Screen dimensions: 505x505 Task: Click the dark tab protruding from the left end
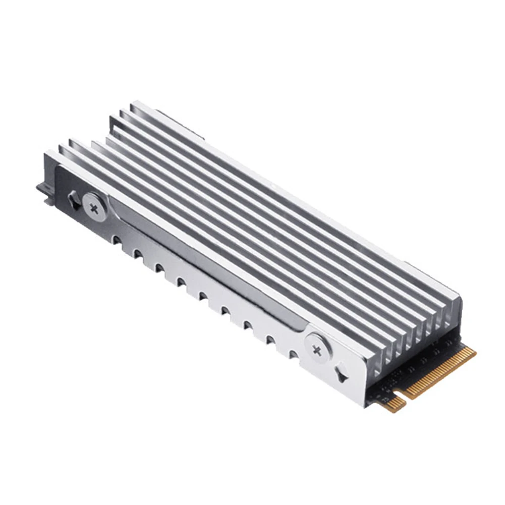coord(43,192)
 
